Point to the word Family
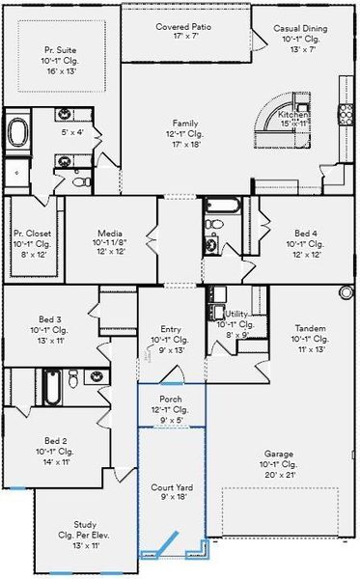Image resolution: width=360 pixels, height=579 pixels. pyautogui.click(x=185, y=124)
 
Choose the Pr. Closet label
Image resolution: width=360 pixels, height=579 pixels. pyautogui.click(x=32, y=234)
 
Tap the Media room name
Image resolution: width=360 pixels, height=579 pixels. pyautogui.click(x=108, y=234)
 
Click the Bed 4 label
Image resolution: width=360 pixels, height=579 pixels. pyautogui.click(x=305, y=234)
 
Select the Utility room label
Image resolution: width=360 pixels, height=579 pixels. pyautogui.click(x=238, y=315)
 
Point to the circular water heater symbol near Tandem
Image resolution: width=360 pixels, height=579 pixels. pyautogui.click(x=346, y=292)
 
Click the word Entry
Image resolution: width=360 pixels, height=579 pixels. pyautogui.click(x=171, y=329)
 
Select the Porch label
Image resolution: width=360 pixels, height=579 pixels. pyautogui.click(x=170, y=399)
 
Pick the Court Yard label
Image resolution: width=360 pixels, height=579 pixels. pyautogui.click(x=170, y=487)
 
